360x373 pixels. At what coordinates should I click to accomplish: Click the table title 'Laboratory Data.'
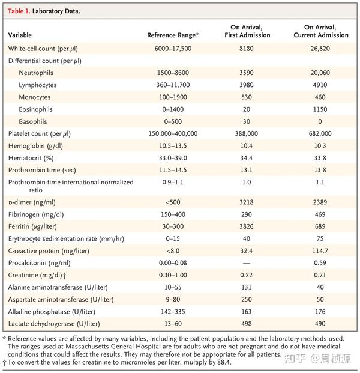pos(55,11)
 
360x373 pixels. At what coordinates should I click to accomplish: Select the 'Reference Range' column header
pos(172,35)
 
